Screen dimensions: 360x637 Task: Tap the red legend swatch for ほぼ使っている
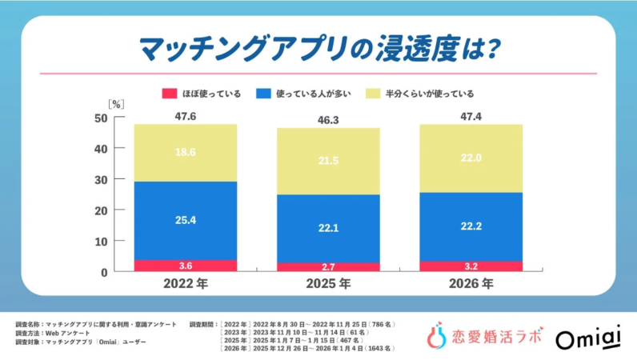tap(170, 93)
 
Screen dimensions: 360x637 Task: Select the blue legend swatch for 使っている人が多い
tap(262, 93)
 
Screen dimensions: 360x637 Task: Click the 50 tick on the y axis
tap(100, 118)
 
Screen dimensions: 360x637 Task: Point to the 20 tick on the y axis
tap(100, 210)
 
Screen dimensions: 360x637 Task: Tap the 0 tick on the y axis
tap(103, 272)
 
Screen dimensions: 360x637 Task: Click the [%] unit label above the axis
tap(116, 103)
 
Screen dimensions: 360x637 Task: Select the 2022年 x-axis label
tap(186, 284)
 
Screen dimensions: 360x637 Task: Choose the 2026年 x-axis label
tap(471, 284)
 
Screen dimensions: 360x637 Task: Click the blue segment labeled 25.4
tap(186, 220)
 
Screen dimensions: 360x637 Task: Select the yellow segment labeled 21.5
tap(328, 161)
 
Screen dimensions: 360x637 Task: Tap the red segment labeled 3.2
tap(471, 266)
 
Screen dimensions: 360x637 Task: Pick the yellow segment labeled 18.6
tap(186, 152)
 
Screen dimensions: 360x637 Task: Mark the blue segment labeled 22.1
tap(328, 228)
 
